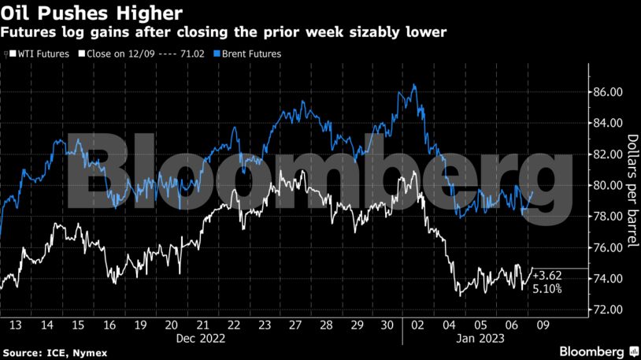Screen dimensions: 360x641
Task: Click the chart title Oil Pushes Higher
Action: [92, 13]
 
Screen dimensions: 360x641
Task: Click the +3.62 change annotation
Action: [547, 276]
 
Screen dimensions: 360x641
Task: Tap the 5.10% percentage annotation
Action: [547, 289]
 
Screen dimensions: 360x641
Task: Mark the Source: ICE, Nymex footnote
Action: [48, 350]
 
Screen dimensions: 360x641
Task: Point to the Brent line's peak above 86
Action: [414, 85]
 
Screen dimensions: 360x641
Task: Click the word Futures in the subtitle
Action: [30, 32]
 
